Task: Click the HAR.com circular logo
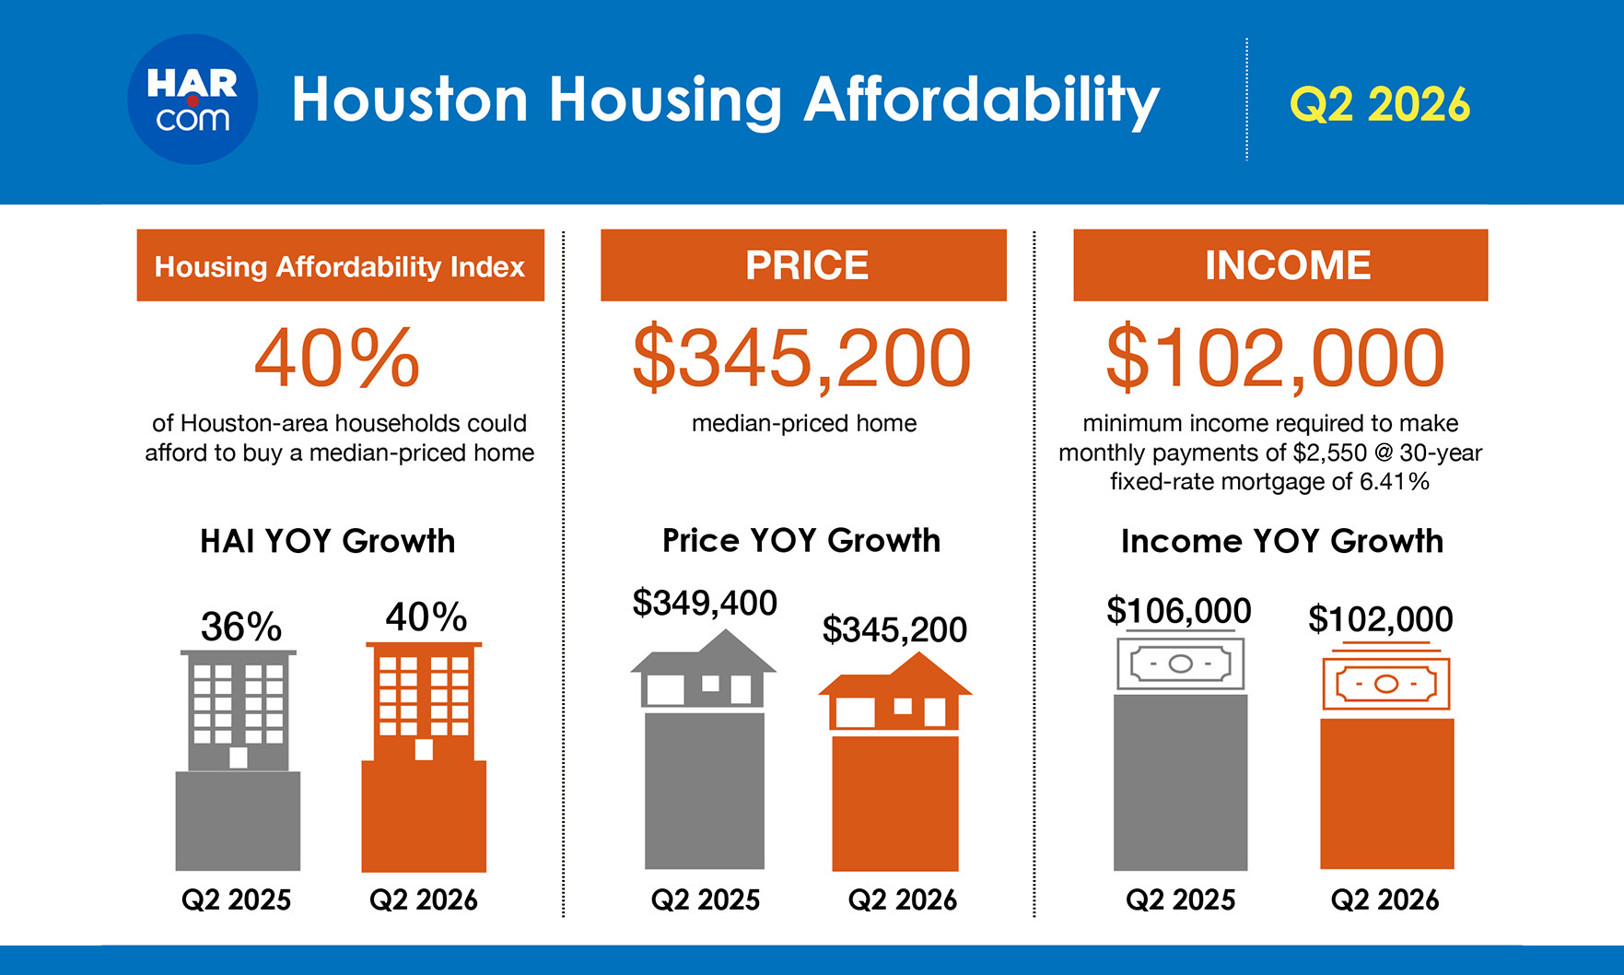pos(193,100)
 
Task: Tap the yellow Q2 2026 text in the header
pos(1380,104)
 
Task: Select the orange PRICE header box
pos(803,265)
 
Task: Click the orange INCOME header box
pos(1280,265)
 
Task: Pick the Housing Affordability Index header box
pos(341,265)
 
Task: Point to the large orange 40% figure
pos(337,358)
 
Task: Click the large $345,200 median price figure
pos(801,358)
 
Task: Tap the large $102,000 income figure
pos(1275,358)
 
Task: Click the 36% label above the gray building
pos(241,628)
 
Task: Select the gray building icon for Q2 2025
pos(239,710)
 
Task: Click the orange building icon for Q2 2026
pos(424,702)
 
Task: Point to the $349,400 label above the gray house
pos(705,603)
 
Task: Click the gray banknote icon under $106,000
pos(1181,662)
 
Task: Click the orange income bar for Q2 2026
pos(1387,793)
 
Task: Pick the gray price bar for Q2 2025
pos(705,791)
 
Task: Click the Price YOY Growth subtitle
pos(801,540)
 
